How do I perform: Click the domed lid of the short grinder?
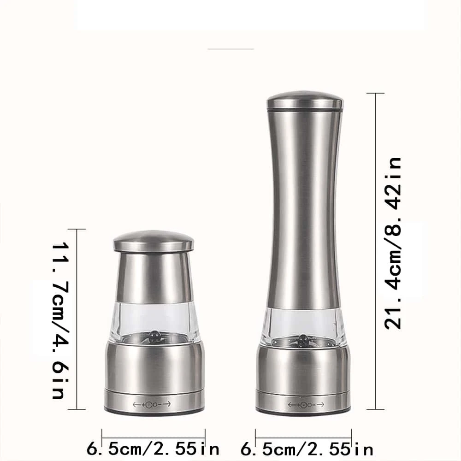[x=154, y=241]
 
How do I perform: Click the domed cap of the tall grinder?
[x=305, y=101]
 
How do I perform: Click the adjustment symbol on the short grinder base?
[x=152, y=404]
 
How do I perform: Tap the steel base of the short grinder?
[x=154, y=369]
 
